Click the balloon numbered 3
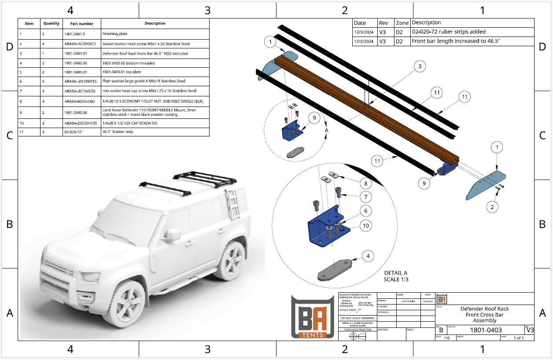tap(420, 66)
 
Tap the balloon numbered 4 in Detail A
tap(368, 255)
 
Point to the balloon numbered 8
tap(365, 183)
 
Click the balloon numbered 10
tap(365, 226)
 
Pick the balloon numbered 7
tap(365, 197)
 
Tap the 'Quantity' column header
tap(52, 24)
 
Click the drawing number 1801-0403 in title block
tap(486, 330)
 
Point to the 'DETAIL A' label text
tap(396, 273)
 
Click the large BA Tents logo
tap(313, 316)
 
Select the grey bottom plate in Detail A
tap(334, 269)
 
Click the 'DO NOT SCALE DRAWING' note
tap(358, 318)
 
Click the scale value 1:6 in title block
tap(447, 338)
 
